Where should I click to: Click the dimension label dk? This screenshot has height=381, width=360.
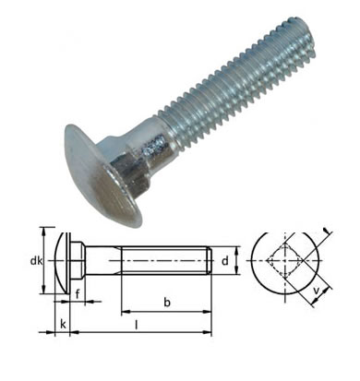coord(36,261)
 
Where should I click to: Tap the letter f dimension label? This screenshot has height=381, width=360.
coord(78,294)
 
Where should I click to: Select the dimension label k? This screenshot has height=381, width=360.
coord(63,324)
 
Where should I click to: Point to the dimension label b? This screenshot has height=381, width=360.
coord(167,303)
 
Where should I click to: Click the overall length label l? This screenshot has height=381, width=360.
coord(136,325)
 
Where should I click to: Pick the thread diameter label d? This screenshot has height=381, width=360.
coord(225,261)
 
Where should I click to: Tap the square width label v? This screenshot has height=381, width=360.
coord(316,290)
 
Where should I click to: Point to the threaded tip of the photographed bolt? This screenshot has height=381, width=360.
coord(300,39)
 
